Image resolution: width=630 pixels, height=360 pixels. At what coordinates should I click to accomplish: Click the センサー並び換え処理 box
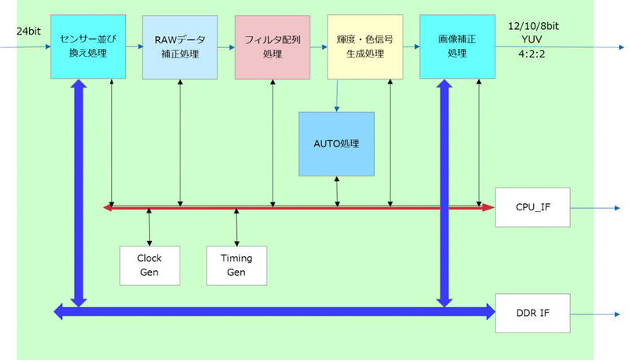[88, 46]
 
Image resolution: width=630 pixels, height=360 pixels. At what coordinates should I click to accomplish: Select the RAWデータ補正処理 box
[180, 46]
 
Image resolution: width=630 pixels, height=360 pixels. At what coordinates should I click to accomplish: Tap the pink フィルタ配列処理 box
[272, 46]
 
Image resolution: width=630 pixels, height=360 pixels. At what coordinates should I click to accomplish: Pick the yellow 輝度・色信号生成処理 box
[365, 46]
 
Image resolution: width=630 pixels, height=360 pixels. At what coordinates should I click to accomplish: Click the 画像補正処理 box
[457, 46]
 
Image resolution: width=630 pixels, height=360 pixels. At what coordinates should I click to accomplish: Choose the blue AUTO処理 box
[336, 144]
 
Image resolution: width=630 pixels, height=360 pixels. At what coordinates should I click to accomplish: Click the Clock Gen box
[150, 265]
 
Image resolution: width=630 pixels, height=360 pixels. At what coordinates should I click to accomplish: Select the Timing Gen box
[237, 265]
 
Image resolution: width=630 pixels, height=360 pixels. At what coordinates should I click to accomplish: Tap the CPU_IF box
[532, 207]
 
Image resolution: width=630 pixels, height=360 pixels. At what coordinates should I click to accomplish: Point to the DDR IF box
[532, 313]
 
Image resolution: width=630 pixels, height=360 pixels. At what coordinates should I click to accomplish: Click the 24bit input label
[28, 32]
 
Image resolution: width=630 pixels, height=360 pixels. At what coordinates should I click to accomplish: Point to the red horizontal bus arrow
[299, 207]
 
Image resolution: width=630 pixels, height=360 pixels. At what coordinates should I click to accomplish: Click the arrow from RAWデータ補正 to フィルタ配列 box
[226, 47]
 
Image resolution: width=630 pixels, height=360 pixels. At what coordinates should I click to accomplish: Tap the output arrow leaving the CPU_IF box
[595, 208]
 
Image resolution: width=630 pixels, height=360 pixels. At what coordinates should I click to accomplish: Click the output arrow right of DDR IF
[595, 314]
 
